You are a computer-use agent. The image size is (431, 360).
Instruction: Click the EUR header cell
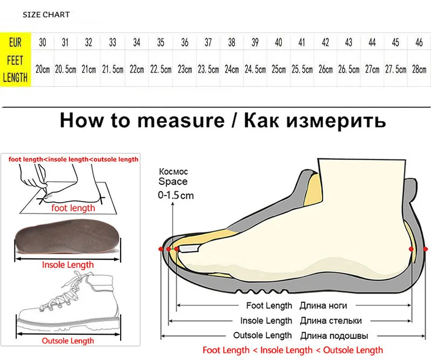point(15,43)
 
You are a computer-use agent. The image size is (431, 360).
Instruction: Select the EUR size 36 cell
point(185,43)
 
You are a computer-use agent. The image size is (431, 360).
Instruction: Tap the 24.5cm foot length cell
point(255,69)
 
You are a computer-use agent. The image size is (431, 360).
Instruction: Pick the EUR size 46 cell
point(419,43)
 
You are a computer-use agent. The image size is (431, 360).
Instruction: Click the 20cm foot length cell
point(43,69)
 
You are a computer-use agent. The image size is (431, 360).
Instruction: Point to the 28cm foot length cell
point(419,69)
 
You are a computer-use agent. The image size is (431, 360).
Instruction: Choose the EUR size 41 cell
point(302,43)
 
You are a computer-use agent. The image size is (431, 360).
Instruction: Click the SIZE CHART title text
point(46,15)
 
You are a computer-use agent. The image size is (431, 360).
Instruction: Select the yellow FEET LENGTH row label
point(15,69)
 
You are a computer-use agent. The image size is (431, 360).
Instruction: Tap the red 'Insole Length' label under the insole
point(68,265)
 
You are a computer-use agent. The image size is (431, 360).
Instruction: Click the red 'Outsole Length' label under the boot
point(68,341)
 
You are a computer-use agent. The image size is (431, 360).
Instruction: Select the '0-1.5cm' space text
point(176,196)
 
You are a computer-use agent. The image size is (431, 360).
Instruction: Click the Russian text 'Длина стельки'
point(330,321)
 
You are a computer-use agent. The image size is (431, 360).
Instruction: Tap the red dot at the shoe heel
point(412,248)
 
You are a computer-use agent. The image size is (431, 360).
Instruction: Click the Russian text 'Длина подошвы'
point(330,335)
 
